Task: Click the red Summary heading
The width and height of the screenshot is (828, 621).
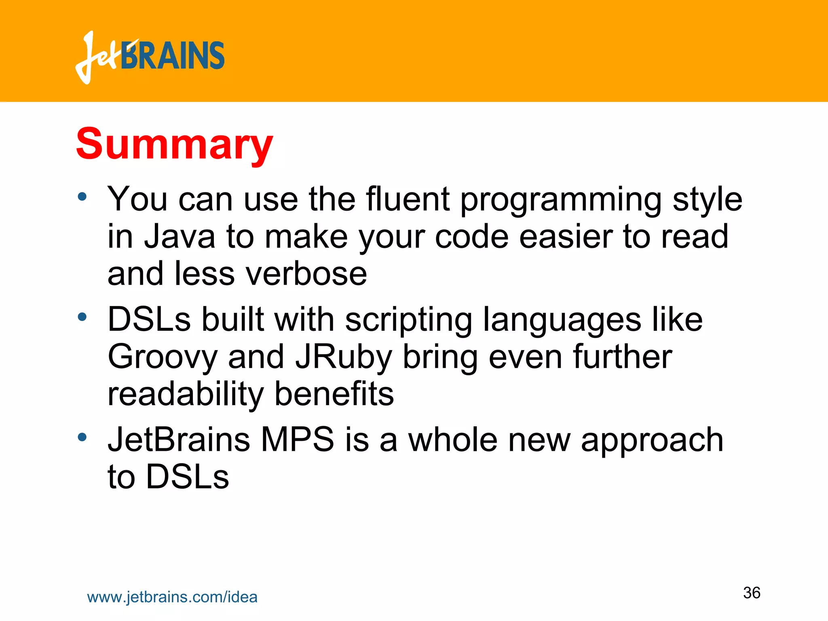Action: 175,144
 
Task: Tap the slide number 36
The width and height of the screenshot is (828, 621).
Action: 752,593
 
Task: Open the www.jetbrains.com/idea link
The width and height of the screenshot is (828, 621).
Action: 172,597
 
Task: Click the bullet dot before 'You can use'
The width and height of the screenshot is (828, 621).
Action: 82,197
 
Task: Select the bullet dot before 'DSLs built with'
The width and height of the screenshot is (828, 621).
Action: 82,317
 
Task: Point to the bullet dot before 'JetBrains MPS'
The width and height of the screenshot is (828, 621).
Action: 82,437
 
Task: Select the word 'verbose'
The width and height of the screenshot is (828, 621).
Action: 306,274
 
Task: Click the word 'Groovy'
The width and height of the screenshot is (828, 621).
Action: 162,357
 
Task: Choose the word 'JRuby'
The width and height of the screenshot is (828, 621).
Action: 344,357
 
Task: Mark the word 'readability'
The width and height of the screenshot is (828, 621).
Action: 186,394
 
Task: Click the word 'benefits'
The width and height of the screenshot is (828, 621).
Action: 334,394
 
